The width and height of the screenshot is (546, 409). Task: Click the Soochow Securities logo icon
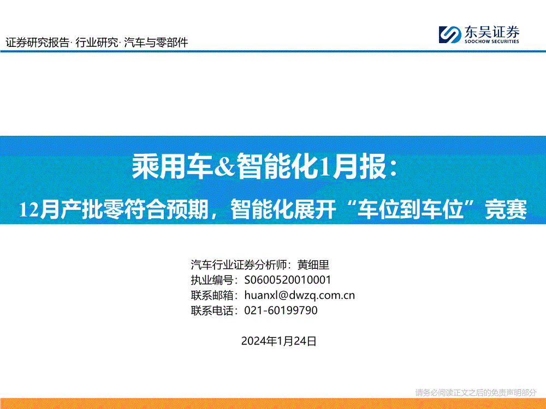pyautogui.click(x=449, y=34)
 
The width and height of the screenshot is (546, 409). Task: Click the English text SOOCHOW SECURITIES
pyautogui.click(x=492, y=41)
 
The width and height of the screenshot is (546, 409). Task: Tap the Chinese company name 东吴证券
pyautogui.click(x=492, y=32)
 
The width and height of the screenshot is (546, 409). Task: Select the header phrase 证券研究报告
pyautogui.click(x=37, y=43)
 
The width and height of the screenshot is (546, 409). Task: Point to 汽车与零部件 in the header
pyautogui.click(x=156, y=43)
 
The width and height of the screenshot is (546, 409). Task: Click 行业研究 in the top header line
pyautogui.click(x=97, y=43)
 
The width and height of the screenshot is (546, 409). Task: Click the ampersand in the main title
pyautogui.click(x=224, y=166)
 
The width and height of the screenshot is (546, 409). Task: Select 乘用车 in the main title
pyautogui.click(x=173, y=166)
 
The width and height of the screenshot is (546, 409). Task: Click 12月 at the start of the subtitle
pyautogui.click(x=39, y=209)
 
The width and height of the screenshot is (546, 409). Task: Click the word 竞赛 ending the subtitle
pyautogui.click(x=506, y=209)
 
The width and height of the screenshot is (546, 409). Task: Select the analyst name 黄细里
pyautogui.click(x=313, y=265)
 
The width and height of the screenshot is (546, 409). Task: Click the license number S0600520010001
pyautogui.click(x=288, y=280)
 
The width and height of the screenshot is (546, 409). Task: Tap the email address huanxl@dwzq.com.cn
pyautogui.click(x=299, y=295)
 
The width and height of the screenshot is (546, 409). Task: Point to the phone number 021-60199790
pyautogui.click(x=281, y=310)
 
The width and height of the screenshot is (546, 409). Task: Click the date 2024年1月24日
pyautogui.click(x=278, y=341)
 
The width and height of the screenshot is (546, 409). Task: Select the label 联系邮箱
pyautogui.click(x=212, y=295)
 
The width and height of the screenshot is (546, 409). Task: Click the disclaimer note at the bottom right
pyautogui.click(x=476, y=393)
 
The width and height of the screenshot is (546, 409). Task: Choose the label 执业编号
pyautogui.click(x=212, y=280)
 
